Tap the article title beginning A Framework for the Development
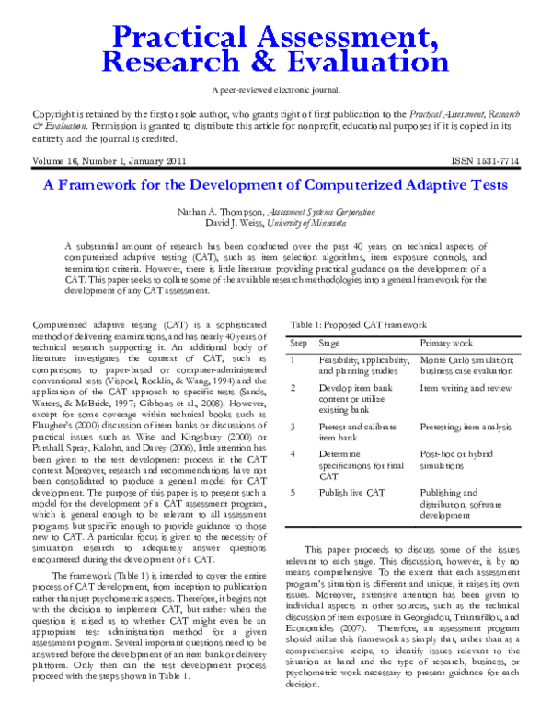click(x=275, y=184)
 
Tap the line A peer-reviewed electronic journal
click(x=275, y=89)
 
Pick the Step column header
click(x=299, y=343)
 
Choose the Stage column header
click(x=331, y=343)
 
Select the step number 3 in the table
click(x=293, y=428)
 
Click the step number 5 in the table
click(x=293, y=493)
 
